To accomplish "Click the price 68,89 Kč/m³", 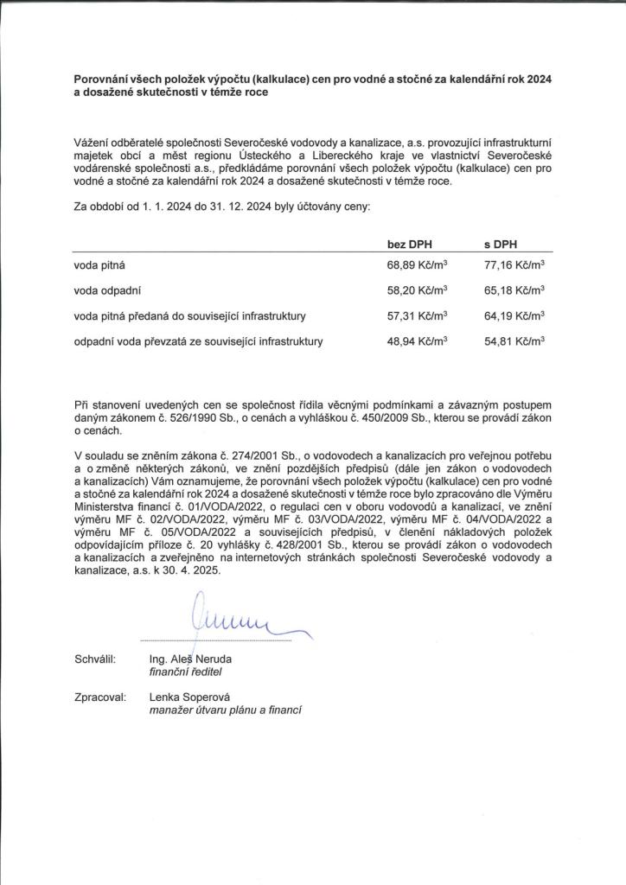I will [418, 265].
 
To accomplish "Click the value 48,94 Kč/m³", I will [418, 341].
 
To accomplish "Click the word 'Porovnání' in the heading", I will [103, 79].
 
